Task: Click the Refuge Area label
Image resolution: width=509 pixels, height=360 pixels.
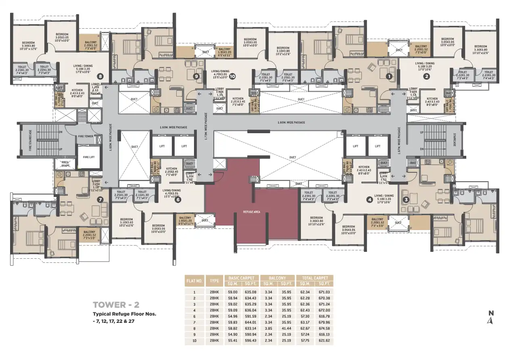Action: (x=250, y=211)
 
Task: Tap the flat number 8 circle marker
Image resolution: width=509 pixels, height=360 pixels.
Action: (x=100, y=76)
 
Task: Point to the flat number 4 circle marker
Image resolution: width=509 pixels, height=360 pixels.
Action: (x=369, y=199)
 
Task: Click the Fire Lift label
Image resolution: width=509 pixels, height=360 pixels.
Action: (x=88, y=157)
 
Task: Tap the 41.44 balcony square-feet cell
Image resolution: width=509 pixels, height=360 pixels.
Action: (x=286, y=329)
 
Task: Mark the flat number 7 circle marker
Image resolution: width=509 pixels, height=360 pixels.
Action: (x=100, y=199)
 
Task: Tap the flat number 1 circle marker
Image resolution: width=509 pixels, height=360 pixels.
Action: (x=389, y=75)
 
